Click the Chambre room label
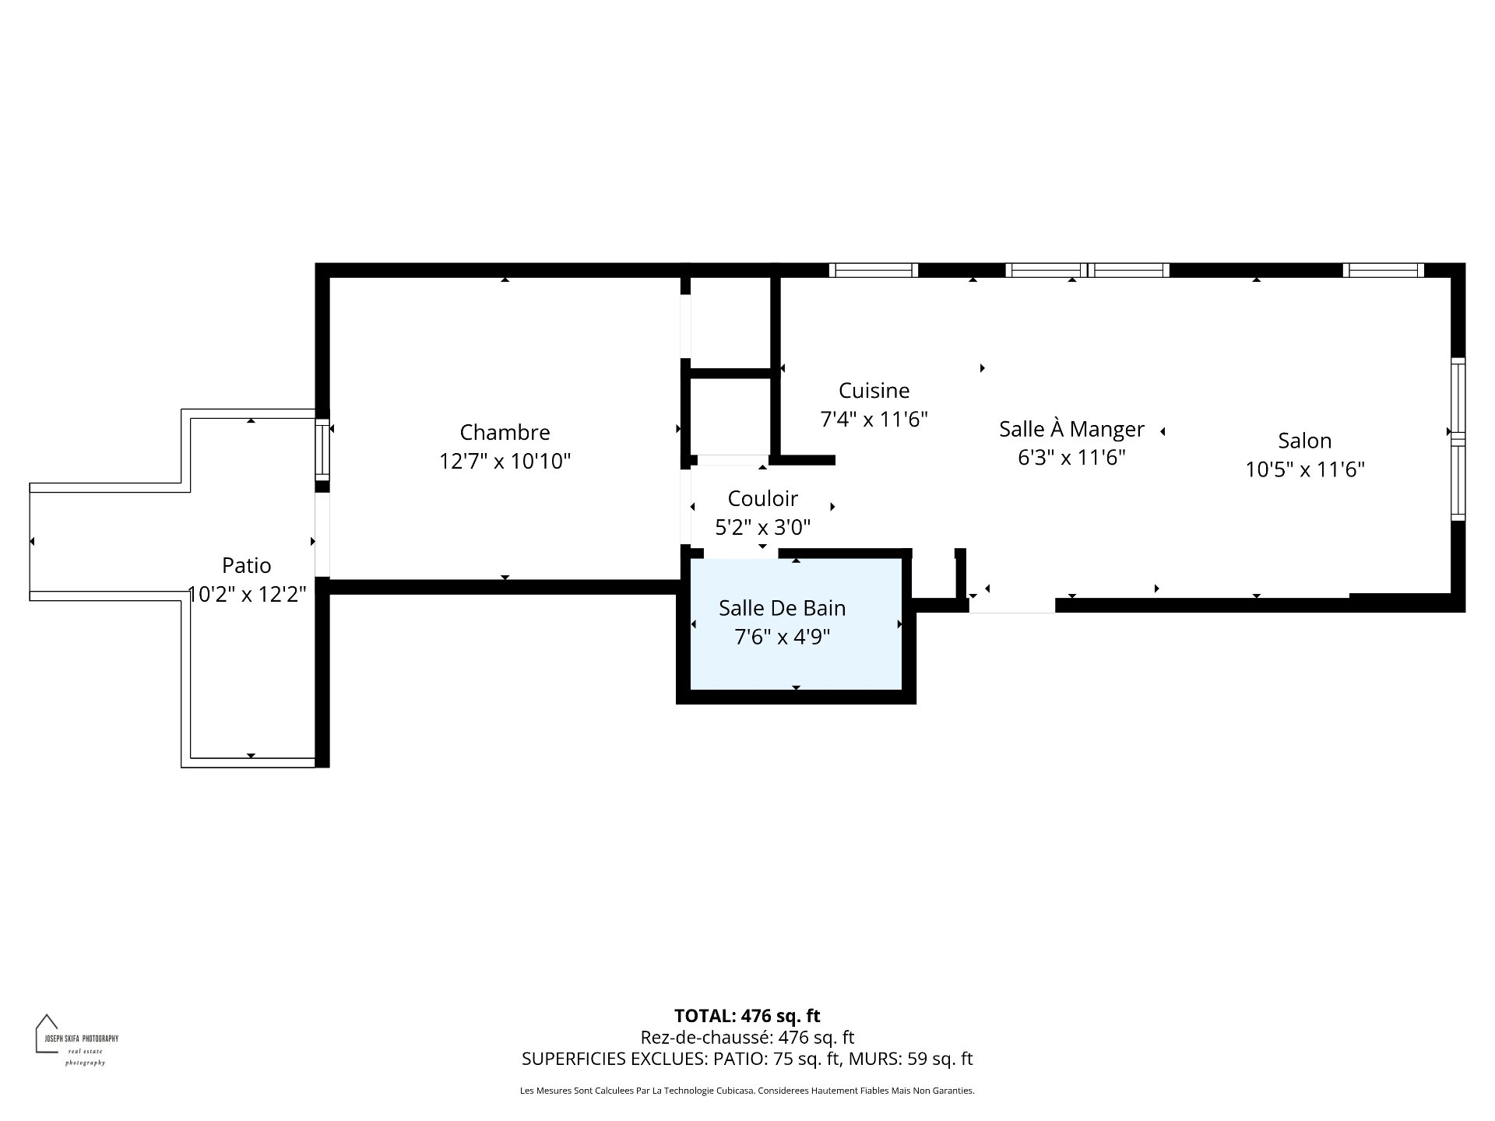pos(505,432)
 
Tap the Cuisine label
pos(874,390)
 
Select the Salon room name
pos(1305,441)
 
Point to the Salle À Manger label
pos(1071,428)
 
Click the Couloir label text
pos(763,498)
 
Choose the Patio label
pos(247,565)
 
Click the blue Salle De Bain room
pos(796,624)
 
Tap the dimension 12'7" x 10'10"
pos(505,462)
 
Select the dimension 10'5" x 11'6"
pos(1305,469)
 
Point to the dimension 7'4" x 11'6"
pos(874,420)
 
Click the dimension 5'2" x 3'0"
pos(763,528)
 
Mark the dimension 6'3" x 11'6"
pos(1071,457)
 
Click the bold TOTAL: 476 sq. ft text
pos(747,1016)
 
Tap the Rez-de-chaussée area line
pos(747,1038)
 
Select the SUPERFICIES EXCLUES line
pos(747,1059)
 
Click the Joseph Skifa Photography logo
pos(76,1040)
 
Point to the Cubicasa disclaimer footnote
pos(747,1091)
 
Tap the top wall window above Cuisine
pos(874,270)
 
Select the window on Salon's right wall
pos(1458,439)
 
